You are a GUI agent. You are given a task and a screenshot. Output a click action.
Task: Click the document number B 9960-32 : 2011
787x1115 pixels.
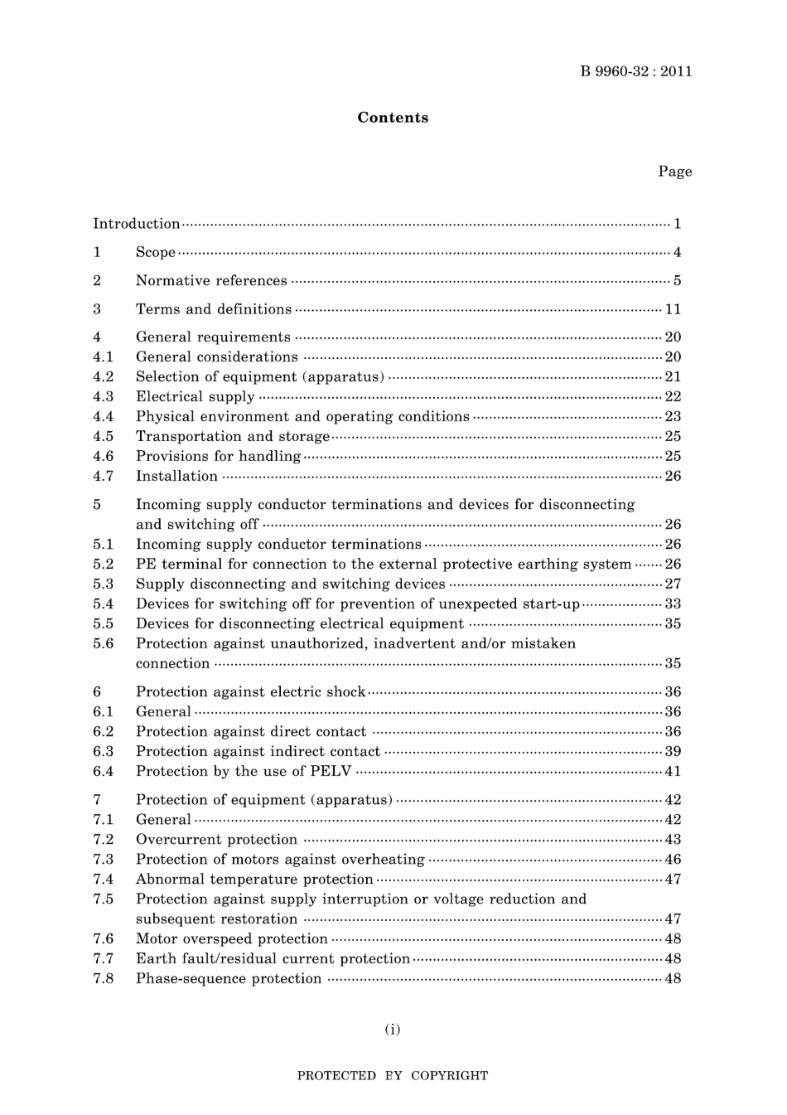pyautogui.click(x=635, y=71)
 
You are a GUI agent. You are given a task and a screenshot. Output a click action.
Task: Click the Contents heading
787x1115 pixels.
pyautogui.click(x=393, y=118)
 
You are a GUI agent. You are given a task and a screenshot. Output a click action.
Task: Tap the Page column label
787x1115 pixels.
pyautogui.click(x=674, y=172)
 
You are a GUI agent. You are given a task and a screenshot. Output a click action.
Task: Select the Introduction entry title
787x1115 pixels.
pyautogui.click(x=136, y=224)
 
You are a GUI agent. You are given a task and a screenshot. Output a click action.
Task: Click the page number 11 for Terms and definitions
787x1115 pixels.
pyautogui.click(x=673, y=309)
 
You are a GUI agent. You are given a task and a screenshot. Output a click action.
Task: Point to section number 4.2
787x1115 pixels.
pyautogui.click(x=103, y=376)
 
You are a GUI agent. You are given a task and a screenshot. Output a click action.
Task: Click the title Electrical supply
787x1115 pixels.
pyautogui.click(x=195, y=396)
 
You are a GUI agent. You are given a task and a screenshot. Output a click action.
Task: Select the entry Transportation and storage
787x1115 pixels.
pyautogui.click(x=233, y=436)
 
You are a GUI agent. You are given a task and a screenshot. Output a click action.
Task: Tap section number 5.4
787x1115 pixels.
pyautogui.click(x=103, y=604)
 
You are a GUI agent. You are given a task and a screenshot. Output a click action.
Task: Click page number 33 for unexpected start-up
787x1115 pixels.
pyautogui.click(x=673, y=604)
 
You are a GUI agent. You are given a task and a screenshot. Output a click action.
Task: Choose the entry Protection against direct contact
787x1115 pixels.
pyautogui.click(x=250, y=731)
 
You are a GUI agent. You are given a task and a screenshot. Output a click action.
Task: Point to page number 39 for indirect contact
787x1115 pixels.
pyautogui.click(x=673, y=751)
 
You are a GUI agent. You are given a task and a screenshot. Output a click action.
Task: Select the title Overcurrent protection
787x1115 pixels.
pyautogui.click(x=216, y=839)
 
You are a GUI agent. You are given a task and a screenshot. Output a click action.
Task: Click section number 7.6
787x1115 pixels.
pyautogui.click(x=103, y=938)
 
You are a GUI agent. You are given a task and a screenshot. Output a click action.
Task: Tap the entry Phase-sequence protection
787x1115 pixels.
pyautogui.click(x=229, y=978)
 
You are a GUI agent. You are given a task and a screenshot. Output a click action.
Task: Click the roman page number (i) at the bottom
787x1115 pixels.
pyautogui.click(x=393, y=1030)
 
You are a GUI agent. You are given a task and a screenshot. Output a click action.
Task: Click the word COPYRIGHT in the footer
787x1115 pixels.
pyautogui.click(x=449, y=1076)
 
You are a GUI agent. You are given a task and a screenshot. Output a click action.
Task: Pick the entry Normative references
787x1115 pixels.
pyautogui.click(x=211, y=281)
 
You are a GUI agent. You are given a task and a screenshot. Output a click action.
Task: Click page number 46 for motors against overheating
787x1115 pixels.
pyautogui.click(x=673, y=859)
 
